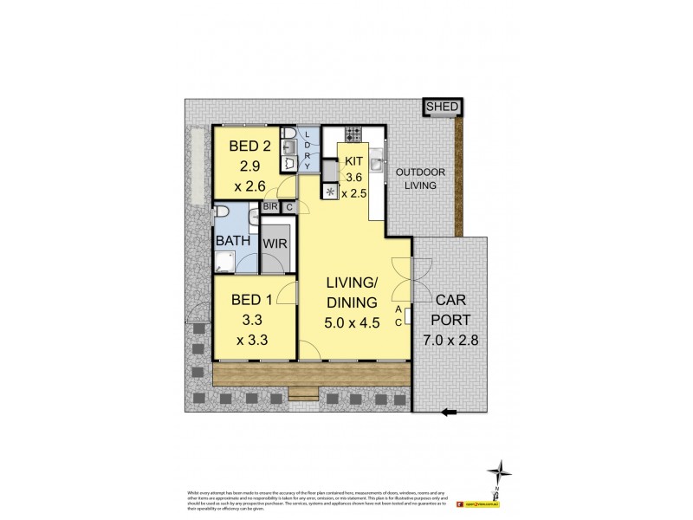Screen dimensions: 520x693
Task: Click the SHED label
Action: point(442,107)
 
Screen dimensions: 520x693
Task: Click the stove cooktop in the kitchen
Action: point(353,134)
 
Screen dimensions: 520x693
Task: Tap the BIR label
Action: point(270,207)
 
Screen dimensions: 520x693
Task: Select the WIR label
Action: point(277,244)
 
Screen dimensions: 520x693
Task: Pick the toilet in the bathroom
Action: point(222,214)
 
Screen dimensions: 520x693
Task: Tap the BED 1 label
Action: point(250,301)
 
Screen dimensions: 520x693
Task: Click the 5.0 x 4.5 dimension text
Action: point(352,322)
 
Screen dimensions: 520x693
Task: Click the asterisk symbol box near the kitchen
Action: point(330,192)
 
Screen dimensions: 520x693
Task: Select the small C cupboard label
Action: point(288,207)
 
